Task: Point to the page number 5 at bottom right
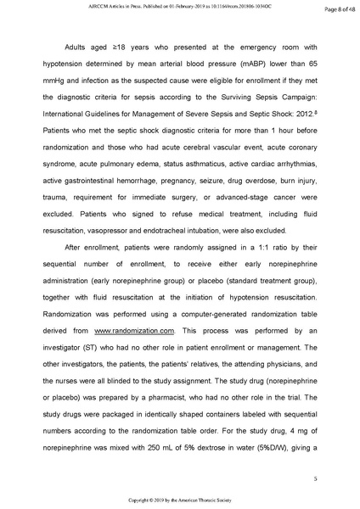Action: pyautogui.click(x=314, y=479)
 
